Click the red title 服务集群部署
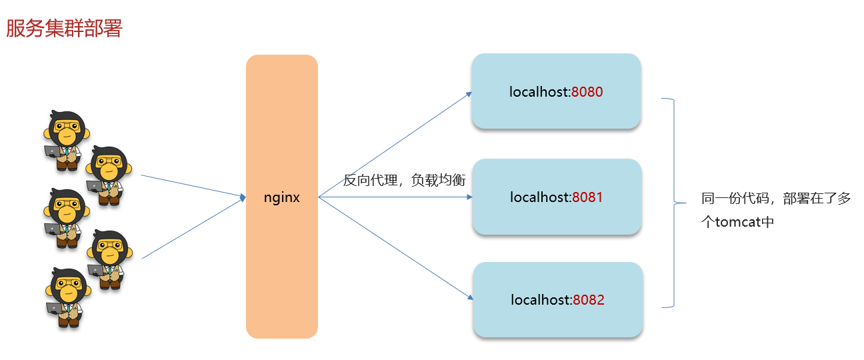[64, 29]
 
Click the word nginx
[282, 197]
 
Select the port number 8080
[587, 92]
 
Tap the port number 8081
[587, 197]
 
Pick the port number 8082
[588, 300]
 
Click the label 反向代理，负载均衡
[404, 180]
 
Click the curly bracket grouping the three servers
[673, 203]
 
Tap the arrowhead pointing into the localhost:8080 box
[469, 94]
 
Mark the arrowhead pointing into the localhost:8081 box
[469, 197]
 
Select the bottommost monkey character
[67, 297]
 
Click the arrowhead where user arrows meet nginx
[243, 197]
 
